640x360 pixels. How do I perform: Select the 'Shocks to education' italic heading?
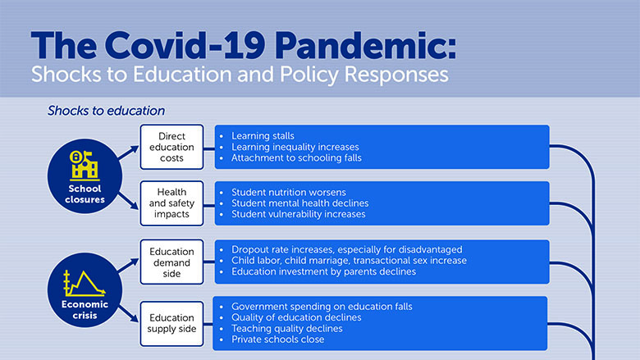point(106,110)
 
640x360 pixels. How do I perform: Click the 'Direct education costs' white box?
point(172,146)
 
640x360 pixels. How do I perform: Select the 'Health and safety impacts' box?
point(172,203)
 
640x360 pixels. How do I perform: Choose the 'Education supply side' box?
point(172,322)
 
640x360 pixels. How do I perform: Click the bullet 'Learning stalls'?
point(262,134)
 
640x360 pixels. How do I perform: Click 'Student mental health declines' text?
point(299,203)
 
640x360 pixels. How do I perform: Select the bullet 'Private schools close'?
point(277,339)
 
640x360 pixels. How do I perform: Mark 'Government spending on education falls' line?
point(322,306)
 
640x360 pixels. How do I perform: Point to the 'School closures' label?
point(85,193)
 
